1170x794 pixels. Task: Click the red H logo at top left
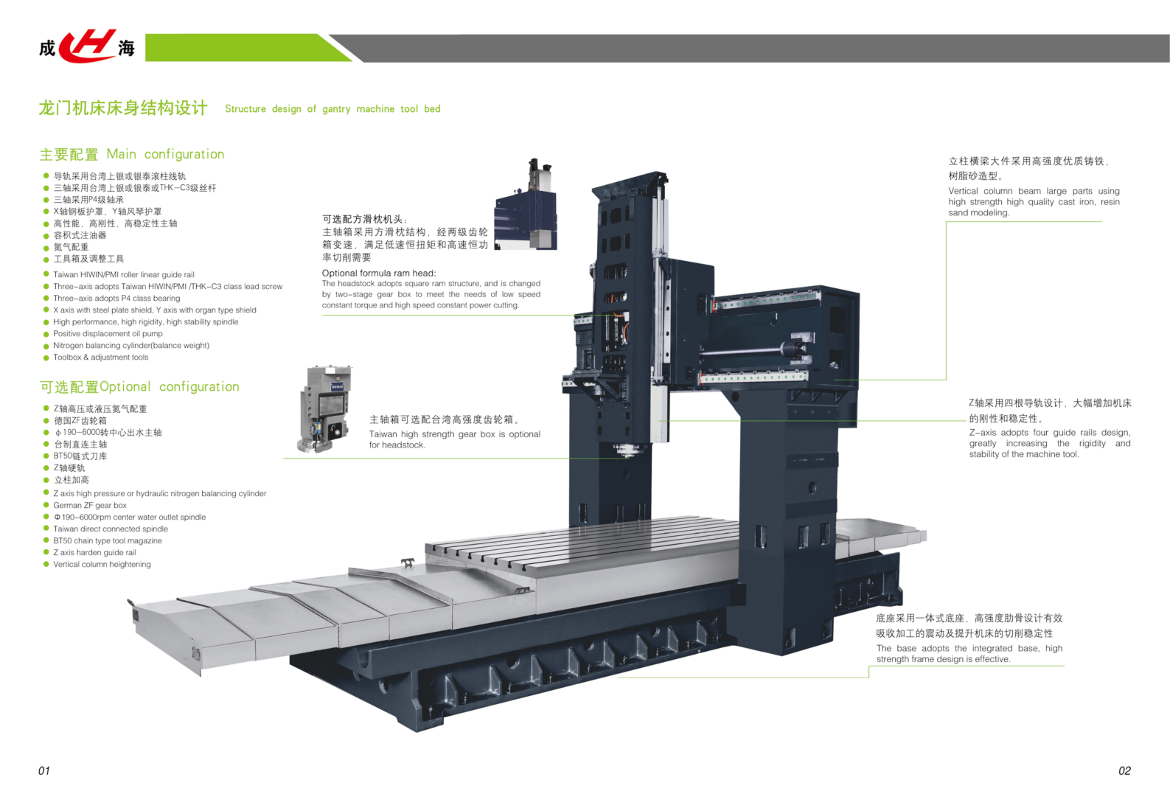tap(87, 46)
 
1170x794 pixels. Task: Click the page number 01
tap(44, 770)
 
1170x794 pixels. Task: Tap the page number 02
tap(1124, 770)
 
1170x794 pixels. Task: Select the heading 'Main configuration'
tap(165, 154)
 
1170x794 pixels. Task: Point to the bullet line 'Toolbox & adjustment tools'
tap(100, 358)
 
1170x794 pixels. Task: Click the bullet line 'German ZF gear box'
tap(90, 506)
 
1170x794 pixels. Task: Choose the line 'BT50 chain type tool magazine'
tap(108, 541)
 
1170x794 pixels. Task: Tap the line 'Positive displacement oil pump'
tap(108, 334)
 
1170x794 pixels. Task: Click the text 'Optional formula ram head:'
tap(379, 273)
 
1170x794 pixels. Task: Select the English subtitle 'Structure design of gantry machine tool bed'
tap(332, 109)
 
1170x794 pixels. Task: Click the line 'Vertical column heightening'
tap(102, 565)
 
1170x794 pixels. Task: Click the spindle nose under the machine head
tap(625, 450)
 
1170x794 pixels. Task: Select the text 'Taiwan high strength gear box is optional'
tap(454, 434)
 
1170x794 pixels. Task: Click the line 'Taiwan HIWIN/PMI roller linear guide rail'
tap(124, 275)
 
